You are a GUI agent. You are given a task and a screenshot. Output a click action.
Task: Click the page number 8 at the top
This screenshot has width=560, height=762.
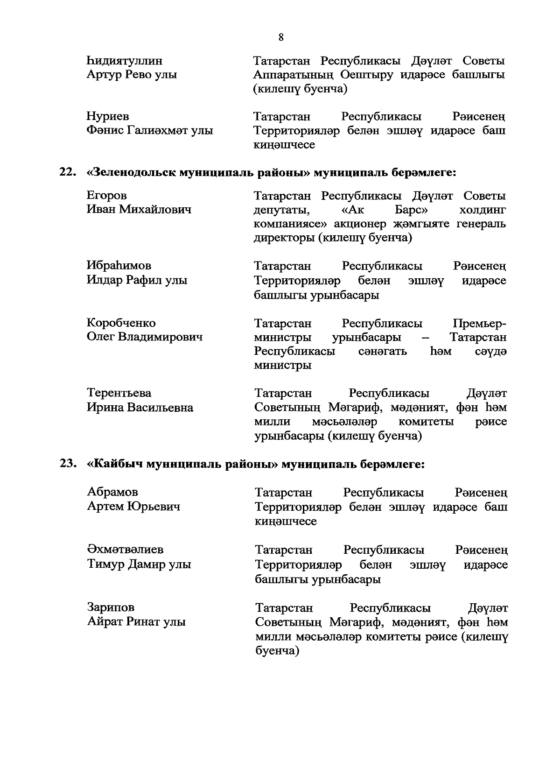(x=280, y=37)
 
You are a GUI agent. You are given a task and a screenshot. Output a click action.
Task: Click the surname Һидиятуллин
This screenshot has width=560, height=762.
(x=125, y=61)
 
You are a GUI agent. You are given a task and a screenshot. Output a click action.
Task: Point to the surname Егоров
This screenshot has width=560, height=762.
(x=107, y=196)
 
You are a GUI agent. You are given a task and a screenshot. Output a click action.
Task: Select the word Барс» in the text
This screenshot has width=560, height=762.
(x=412, y=210)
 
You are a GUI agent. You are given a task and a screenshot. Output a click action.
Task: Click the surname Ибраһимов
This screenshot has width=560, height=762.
(x=119, y=266)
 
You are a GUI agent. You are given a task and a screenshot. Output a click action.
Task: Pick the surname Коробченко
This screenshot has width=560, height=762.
(x=121, y=323)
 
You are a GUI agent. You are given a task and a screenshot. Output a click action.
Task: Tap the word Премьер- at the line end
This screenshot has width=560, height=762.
(x=479, y=323)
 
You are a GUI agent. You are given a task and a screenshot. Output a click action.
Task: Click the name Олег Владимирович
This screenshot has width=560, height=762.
(x=145, y=337)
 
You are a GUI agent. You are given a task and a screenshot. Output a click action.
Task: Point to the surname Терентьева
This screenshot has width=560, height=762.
(x=119, y=393)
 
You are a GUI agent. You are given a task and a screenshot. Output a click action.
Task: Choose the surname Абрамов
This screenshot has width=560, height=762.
(x=112, y=492)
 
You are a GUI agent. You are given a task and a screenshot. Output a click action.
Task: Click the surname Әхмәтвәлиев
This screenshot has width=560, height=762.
(x=125, y=550)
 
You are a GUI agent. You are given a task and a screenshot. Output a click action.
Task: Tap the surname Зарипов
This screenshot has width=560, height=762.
(x=111, y=607)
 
